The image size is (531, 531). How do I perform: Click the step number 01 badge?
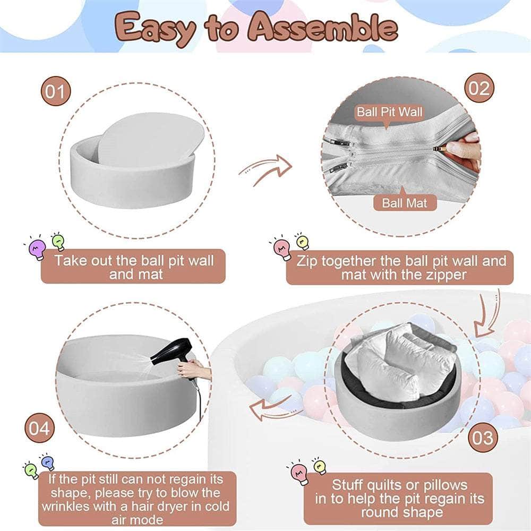click(x=56, y=91)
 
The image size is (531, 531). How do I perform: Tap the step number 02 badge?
click(x=479, y=88)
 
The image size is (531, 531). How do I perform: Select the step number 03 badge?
click(x=483, y=438)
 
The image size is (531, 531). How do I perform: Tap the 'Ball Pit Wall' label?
click(x=389, y=112)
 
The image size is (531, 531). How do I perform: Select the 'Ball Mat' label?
click(x=405, y=203)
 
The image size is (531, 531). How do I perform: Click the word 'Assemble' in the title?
click(x=322, y=28)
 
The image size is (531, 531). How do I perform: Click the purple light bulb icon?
click(x=37, y=248)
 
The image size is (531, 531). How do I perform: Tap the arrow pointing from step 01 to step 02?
click(x=266, y=169)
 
